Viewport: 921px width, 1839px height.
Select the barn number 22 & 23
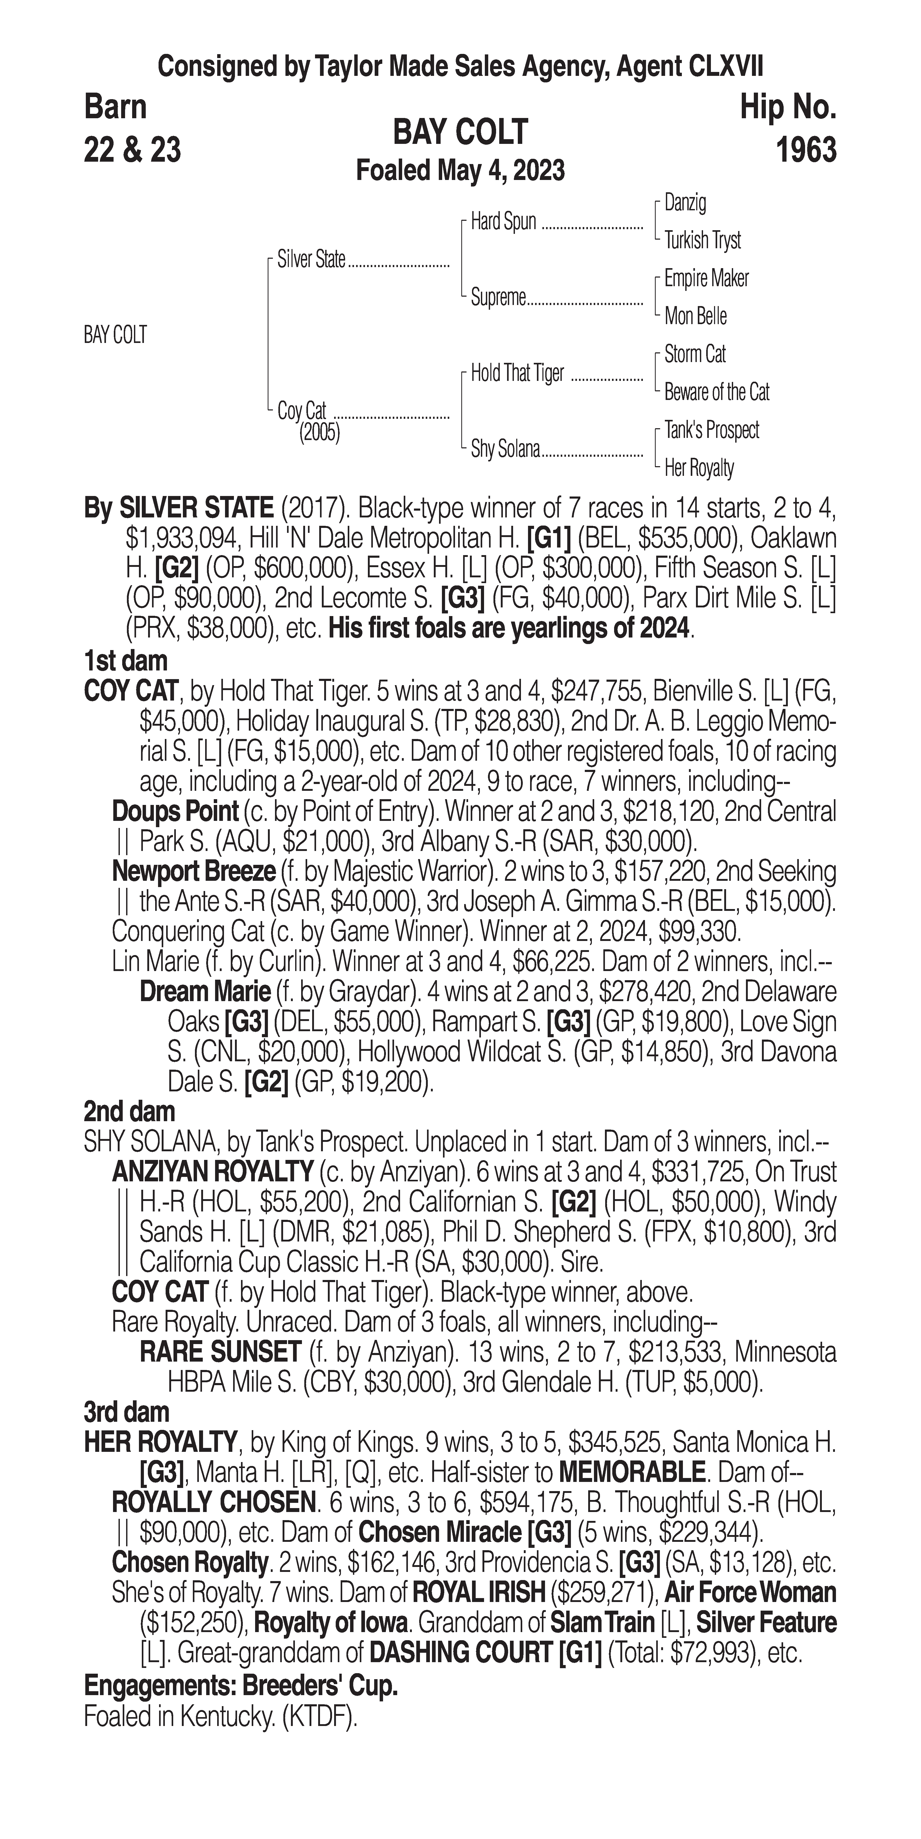pyautogui.click(x=132, y=150)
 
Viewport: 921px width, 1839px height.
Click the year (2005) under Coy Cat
pyautogui.click(x=319, y=433)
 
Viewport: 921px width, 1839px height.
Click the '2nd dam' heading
pyautogui.click(x=129, y=1112)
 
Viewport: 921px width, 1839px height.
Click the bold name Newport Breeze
pyautogui.click(x=193, y=872)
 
